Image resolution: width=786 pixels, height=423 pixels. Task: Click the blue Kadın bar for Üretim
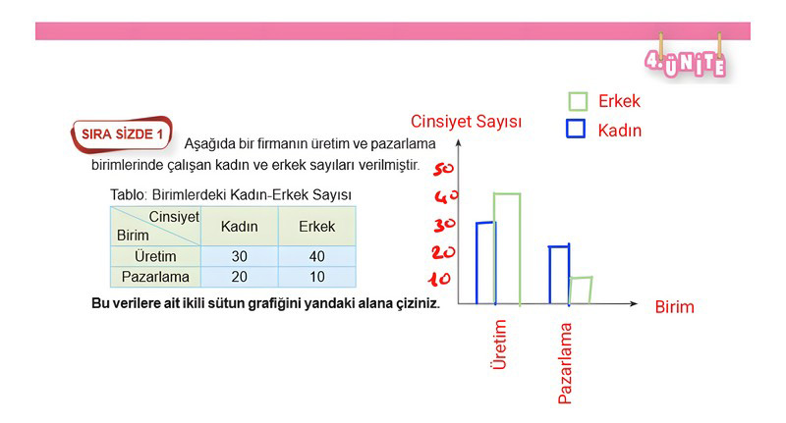[x=477, y=263]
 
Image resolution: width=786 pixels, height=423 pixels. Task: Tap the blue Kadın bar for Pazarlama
[x=550, y=275]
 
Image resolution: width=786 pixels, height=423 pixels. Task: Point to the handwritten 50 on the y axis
[x=443, y=169]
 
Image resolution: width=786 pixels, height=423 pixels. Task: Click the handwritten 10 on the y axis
[x=439, y=280]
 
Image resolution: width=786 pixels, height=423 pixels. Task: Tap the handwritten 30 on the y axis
[x=445, y=226]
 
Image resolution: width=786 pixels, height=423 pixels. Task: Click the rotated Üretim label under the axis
[x=499, y=344]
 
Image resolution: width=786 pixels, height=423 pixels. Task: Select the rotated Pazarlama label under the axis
[x=565, y=363]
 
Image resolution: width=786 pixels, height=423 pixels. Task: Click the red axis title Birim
[x=674, y=307]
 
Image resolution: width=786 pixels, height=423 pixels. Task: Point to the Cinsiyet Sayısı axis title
[x=466, y=122]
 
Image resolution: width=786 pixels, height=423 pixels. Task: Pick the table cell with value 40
[x=316, y=256]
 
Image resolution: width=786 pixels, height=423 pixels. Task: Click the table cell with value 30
[x=239, y=256]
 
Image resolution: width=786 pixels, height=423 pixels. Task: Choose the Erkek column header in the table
[x=316, y=227]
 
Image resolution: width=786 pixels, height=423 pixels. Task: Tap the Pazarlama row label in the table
[x=155, y=277]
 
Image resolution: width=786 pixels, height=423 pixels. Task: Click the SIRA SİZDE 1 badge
[x=122, y=134]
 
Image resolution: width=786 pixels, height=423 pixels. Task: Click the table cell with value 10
[x=316, y=277]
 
